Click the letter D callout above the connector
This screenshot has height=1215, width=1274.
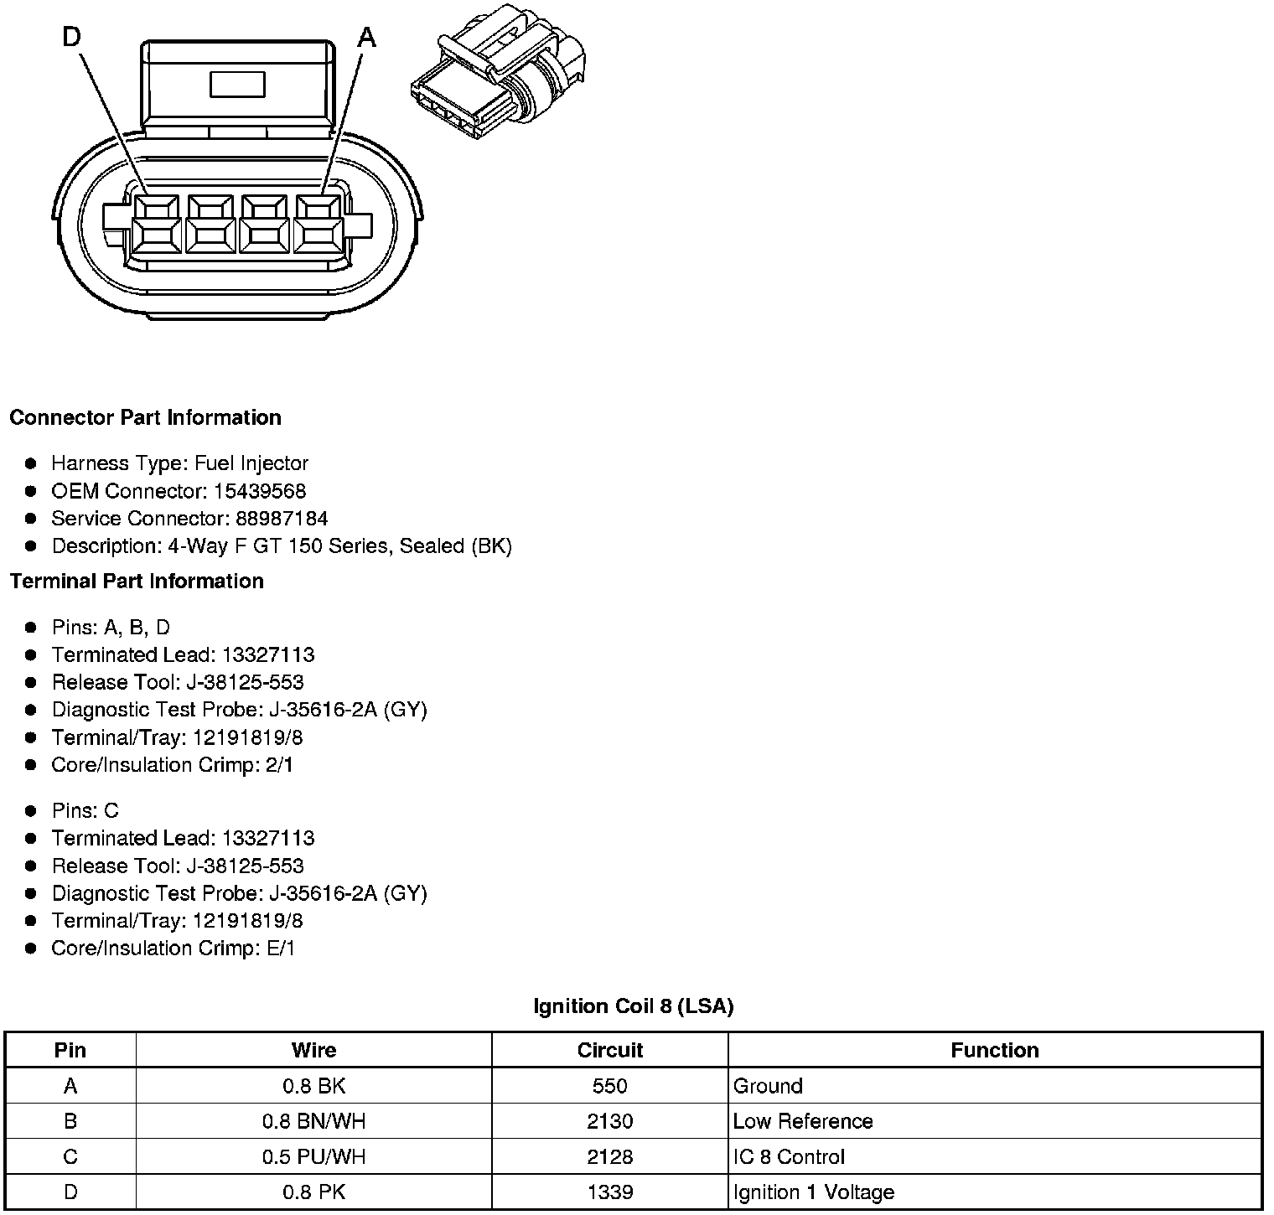click(72, 38)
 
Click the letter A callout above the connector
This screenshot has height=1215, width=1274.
click(367, 38)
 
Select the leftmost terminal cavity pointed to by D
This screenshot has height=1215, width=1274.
click(156, 224)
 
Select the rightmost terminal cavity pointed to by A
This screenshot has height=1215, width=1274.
click(318, 224)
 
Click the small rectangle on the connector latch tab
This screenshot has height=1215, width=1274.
click(237, 84)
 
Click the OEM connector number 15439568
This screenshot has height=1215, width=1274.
click(260, 491)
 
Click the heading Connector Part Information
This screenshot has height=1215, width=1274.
click(145, 417)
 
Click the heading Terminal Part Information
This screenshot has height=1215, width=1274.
click(137, 581)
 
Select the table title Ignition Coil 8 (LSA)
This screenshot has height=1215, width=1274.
click(634, 1006)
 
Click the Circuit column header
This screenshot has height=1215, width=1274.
click(609, 1050)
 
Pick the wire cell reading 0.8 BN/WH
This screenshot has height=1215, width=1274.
click(313, 1121)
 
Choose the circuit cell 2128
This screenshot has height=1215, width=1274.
click(609, 1157)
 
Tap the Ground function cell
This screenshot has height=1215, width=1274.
click(768, 1086)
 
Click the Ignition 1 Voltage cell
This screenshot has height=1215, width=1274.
click(813, 1192)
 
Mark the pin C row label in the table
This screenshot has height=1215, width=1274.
click(70, 1157)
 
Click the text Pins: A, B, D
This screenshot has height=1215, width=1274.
click(111, 628)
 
